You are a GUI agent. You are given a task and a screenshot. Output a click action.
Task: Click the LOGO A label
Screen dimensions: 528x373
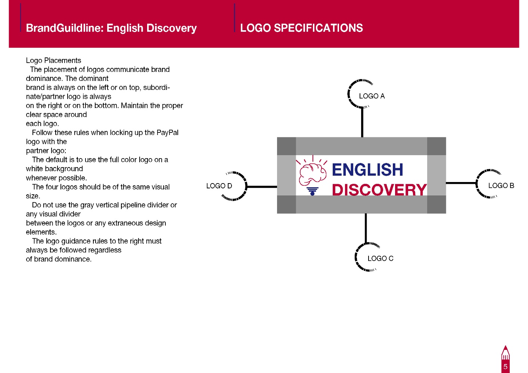point(372,96)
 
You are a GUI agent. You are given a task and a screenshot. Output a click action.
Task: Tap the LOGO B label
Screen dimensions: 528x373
point(501,185)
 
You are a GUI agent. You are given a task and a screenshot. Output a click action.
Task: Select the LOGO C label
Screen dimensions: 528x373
point(381,258)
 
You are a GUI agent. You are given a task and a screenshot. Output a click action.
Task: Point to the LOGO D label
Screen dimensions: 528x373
point(219,186)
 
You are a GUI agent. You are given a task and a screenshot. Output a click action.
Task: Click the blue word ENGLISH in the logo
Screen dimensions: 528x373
point(367,170)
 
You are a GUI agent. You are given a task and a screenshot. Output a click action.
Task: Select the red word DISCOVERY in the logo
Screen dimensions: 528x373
point(379,189)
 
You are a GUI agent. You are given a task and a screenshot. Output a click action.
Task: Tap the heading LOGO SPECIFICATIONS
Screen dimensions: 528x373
point(301,28)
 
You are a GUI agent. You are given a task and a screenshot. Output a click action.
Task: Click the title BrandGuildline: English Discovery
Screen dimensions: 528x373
point(111,28)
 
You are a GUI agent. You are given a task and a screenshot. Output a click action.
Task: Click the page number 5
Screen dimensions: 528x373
point(505,367)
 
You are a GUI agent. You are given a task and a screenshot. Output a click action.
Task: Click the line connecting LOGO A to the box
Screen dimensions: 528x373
point(362,122)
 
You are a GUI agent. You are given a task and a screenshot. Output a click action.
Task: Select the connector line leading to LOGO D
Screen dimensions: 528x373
point(262,187)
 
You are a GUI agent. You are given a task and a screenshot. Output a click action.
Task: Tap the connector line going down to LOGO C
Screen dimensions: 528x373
point(366,228)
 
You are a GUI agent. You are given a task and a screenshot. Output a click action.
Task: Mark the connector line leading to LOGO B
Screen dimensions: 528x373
point(461,183)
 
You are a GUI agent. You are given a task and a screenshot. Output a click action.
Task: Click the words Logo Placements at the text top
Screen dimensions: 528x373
point(53,60)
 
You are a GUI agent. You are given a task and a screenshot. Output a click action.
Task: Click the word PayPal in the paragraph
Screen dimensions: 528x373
point(167,132)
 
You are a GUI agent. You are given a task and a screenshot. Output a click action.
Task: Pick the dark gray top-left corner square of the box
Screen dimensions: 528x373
point(286,146)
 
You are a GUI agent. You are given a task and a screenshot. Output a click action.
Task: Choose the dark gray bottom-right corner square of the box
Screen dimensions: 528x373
point(437,204)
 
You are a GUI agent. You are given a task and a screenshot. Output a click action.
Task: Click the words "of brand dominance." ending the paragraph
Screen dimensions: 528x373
point(59,259)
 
